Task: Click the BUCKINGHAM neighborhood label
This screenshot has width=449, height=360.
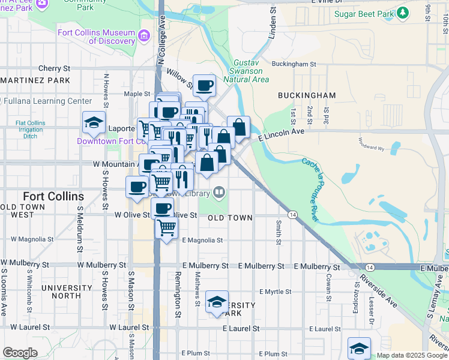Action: [x=307, y=95]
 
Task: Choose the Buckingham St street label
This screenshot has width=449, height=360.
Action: [x=294, y=64]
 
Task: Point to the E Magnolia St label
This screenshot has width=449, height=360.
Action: [x=202, y=240]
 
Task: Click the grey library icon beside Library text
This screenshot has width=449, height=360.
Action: [x=220, y=193]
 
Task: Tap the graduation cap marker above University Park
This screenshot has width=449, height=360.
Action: [x=217, y=301]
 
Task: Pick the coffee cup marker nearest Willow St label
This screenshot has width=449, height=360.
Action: [x=204, y=85]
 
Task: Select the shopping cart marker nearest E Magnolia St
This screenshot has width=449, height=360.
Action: [x=166, y=227]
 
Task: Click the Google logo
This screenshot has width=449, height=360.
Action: [x=20, y=353]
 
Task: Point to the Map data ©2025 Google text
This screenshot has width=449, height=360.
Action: [x=412, y=355]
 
